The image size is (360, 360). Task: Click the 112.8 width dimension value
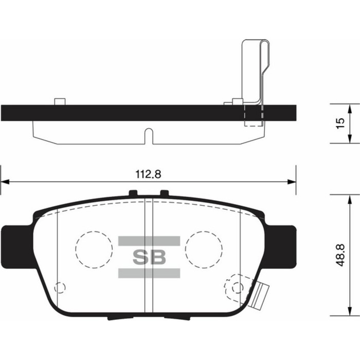[149, 174]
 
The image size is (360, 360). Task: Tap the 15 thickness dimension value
[339, 123]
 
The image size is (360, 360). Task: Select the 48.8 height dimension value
[339, 255]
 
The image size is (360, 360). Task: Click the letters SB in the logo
[149, 257]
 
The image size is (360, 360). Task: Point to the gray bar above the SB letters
[149, 241]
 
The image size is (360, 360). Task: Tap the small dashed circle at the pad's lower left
[60, 287]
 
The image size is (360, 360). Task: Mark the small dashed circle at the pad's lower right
[237, 287]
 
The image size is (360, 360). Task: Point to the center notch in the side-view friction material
[149, 136]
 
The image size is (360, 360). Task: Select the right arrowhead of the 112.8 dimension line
[293, 182]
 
